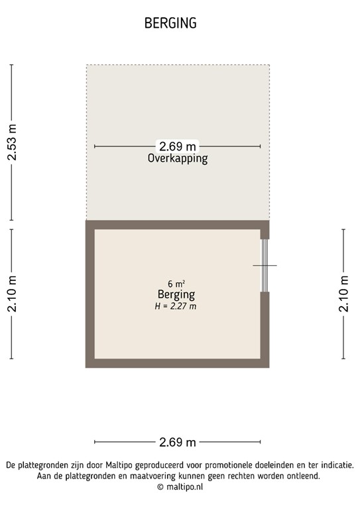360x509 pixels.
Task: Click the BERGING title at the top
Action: coord(170,23)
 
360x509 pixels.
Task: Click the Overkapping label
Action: coord(177,159)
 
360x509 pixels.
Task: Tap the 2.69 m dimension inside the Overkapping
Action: coord(177,146)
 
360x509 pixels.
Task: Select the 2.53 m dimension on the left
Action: coord(11,142)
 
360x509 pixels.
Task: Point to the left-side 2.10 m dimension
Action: coord(11,294)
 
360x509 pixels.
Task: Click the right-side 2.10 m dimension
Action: coord(343,294)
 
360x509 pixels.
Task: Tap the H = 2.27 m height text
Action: coord(176,306)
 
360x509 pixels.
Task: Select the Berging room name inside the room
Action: coord(176,294)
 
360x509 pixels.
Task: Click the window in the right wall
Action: coord(265,265)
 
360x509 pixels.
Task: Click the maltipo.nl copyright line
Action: coord(180,486)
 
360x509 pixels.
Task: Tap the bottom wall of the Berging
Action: coord(177,363)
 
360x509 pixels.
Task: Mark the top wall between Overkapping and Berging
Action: coord(177,224)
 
